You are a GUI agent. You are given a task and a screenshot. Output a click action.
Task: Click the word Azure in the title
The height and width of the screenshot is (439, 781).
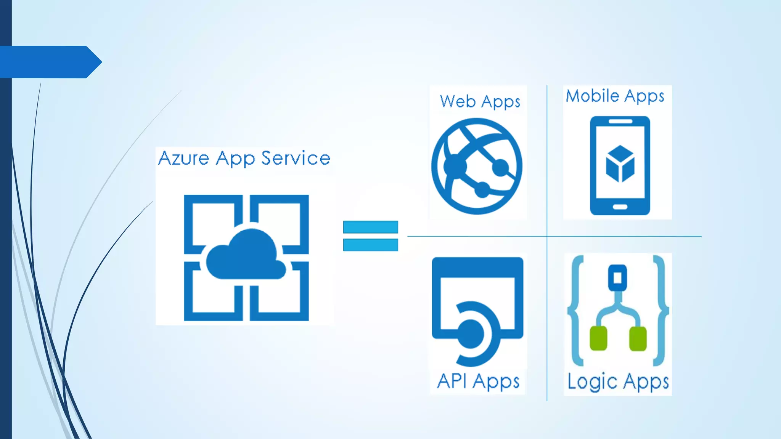183,158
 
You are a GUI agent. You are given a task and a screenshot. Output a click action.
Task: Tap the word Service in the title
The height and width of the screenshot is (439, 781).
296,158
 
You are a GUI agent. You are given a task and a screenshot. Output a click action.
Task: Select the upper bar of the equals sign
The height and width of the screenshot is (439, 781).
370,227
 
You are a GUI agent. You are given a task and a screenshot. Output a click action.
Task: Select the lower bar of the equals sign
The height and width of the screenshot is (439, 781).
370,245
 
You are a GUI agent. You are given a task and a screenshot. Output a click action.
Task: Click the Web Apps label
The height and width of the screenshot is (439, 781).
480,102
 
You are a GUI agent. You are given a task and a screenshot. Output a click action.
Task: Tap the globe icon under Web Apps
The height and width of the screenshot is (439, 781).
477,166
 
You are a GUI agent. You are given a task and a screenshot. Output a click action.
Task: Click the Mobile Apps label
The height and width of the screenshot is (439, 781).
615,96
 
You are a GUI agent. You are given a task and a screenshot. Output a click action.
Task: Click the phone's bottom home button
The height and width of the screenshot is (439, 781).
620,207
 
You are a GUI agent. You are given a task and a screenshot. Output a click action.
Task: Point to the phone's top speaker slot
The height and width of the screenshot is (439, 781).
620,122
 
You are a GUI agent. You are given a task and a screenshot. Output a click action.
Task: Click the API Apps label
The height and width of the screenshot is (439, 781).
478,381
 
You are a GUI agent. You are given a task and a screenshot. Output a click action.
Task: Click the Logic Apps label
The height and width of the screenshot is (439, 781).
618,381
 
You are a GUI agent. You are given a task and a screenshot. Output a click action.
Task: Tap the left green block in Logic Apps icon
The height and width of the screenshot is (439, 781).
598,338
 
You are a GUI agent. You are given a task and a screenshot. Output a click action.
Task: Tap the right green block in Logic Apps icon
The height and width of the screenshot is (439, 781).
638,338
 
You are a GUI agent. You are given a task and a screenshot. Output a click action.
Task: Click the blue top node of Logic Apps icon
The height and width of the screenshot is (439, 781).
617,277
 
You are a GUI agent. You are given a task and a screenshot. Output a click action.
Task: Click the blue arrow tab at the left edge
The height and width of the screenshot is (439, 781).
50,62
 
